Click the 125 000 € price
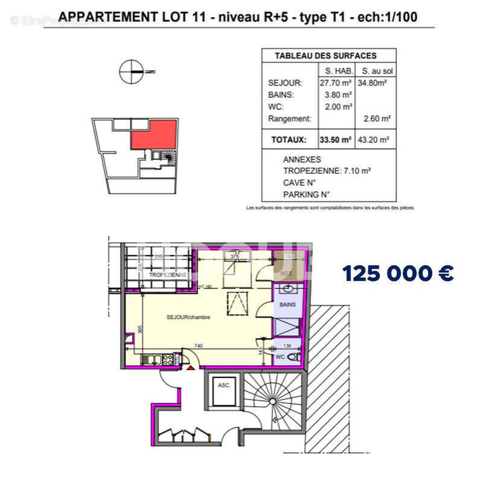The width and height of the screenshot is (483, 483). pos(398,273)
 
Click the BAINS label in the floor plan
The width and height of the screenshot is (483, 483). pos(288,305)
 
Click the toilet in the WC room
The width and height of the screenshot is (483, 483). pos(294,357)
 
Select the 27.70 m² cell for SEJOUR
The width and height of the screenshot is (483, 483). pos(336,83)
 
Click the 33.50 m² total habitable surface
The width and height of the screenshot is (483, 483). pos(336,139)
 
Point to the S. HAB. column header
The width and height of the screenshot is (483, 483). pos(336,71)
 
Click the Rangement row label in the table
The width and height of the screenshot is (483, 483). pos(290,119)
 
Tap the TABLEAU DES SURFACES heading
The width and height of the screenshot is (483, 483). pos(325,56)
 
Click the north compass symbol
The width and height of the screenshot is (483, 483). pos(130,71)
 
